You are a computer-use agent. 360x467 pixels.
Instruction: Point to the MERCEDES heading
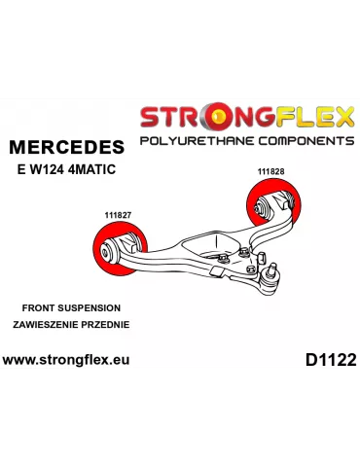pyautogui.click(x=66, y=148)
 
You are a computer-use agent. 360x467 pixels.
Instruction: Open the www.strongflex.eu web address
pyautogui.click(x=65, y=359)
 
